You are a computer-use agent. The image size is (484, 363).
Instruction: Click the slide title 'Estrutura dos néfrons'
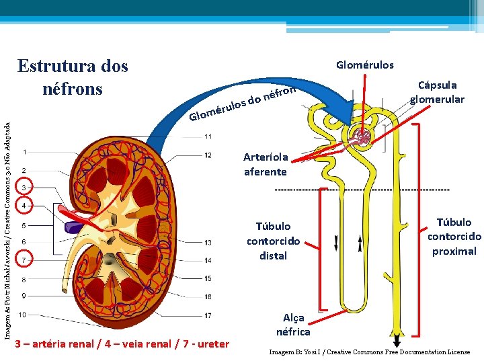tap(73, 77)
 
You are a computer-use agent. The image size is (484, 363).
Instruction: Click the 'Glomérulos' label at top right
tap(365, 65)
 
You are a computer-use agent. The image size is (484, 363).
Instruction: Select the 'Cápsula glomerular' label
tap(437, 92)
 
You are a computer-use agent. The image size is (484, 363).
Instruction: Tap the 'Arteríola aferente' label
tap(266, 164)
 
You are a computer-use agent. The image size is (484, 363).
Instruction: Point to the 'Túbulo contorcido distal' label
tap(274, 241)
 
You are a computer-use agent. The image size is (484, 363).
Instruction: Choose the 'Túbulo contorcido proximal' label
tap(454, 237)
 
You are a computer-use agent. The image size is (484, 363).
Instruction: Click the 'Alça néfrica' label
tap(293, 325)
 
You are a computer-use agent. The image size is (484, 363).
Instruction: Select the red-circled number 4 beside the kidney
tap(24, 204)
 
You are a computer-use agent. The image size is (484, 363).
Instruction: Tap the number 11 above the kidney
tap(208, 137)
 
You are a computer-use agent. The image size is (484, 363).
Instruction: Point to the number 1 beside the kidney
tap(24, 152)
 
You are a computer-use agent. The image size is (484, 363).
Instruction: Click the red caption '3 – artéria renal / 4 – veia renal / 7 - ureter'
tap(122, 344)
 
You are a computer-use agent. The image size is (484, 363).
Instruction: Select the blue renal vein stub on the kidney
tap(72, 227)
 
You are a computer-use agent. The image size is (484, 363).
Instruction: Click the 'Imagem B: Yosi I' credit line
tap(369, 352)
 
